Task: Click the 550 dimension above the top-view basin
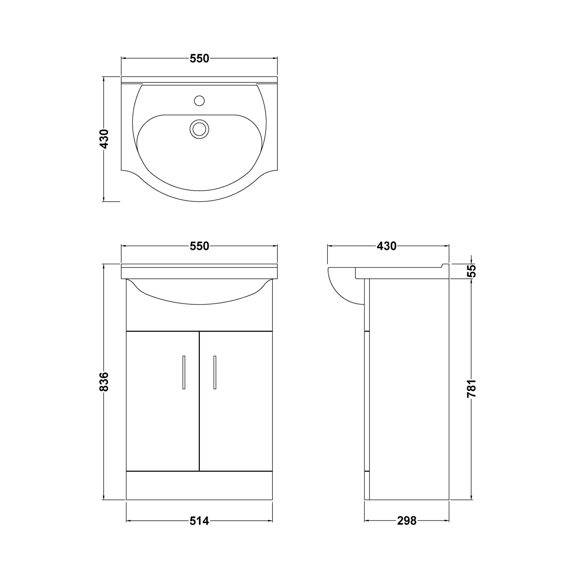(199, 59)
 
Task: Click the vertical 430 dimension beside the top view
(104, 139)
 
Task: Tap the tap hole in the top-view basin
(199, 101)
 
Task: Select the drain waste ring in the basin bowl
(199, 129)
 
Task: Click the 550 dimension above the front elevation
(199, 246)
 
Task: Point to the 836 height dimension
(104, 381)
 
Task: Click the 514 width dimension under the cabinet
(199, 521)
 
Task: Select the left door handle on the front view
(184, 372)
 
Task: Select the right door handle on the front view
(215, 372)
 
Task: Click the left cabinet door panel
(162, 417)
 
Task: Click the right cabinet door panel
(236, 417)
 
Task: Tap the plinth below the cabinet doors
(199, 485)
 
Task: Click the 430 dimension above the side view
(386, 246)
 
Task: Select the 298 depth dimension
(406, 521)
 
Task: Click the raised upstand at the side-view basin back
(445, 266)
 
